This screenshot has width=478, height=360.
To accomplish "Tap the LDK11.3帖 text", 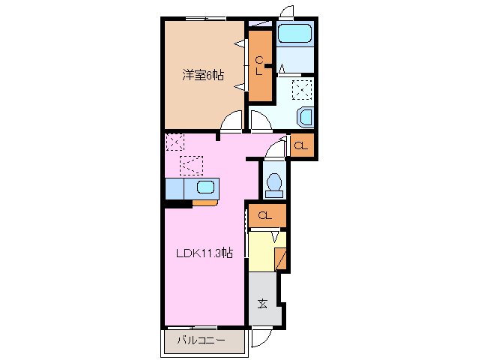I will tap(204, 253).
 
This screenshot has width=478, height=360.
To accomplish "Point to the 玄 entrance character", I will tap(264, 304).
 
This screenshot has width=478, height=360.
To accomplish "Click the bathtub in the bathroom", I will tap(294, 33).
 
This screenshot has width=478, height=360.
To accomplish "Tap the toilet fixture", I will tap(274, 184).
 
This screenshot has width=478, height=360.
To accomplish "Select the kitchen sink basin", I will tap(205, 188).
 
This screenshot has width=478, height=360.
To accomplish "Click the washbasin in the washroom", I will tap(306, 117).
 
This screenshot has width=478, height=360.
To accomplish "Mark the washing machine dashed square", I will tap(303, 90).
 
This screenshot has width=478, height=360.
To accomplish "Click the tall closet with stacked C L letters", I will tap(259, 66).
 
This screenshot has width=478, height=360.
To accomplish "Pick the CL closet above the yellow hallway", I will tap(265, 216).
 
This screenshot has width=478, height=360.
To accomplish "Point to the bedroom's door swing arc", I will tap(234, 120).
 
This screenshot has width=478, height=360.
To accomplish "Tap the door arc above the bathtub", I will tap(285, 10).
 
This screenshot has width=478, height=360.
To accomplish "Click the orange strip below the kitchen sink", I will tap(205, 202).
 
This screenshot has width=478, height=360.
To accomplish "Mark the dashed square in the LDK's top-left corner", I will tap(174, 140).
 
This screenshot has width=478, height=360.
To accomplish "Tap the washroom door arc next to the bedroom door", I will tap(259, 120).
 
